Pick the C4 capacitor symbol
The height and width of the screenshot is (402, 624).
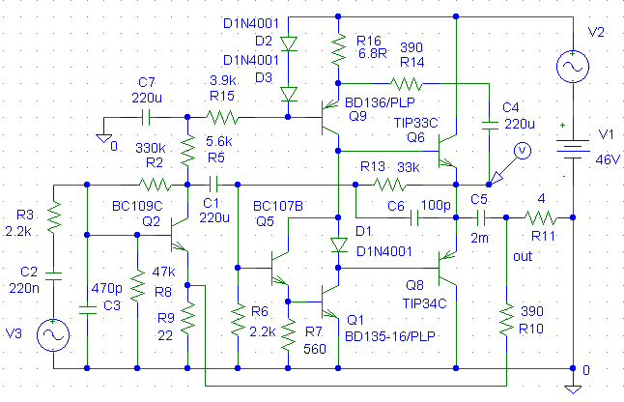point(489,123)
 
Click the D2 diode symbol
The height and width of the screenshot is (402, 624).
point(288,43)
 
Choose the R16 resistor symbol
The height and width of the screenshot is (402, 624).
point(338,46)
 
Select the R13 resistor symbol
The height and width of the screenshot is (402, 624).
point(391,183)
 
